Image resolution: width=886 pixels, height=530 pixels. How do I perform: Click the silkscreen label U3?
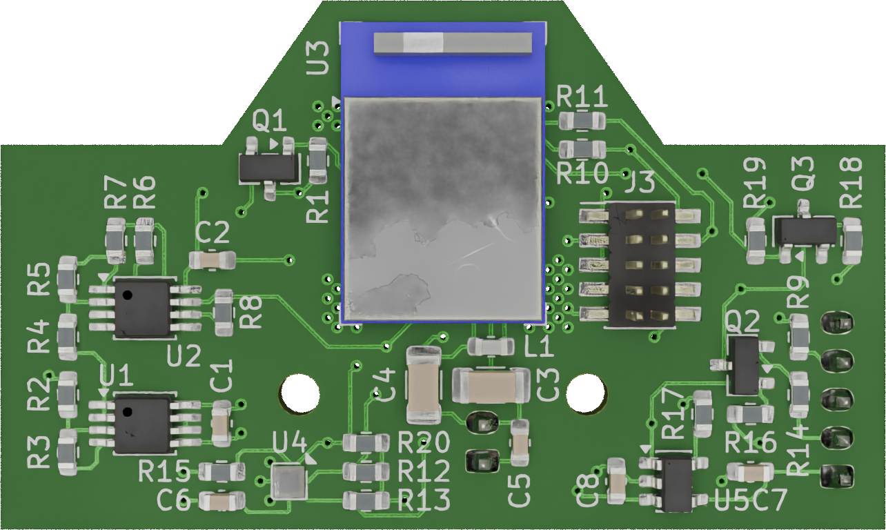tap(318, 58)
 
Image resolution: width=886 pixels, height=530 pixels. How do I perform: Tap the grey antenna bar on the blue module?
tap(453, 44)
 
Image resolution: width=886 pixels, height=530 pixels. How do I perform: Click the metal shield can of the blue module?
tap(442, 208)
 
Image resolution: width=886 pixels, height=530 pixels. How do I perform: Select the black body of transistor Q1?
tap(269, 168)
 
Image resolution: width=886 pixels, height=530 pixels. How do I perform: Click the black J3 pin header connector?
tap(641, 264)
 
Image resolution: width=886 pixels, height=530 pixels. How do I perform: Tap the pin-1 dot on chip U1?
tap(127, 413)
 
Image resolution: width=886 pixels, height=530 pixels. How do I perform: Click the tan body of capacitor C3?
tap(491, 386)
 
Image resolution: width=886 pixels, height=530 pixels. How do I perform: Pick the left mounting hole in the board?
tap(300, 394)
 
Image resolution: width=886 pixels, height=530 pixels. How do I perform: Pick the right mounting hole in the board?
tap(585, 393)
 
